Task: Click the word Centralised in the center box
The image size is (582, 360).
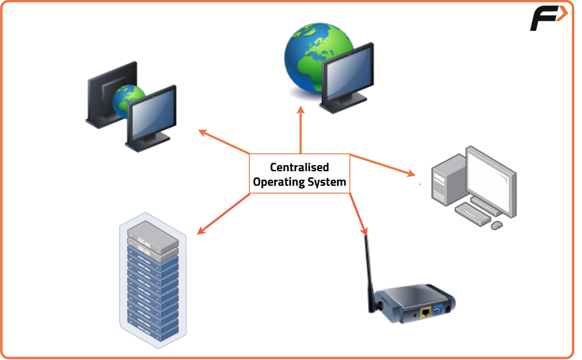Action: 299,168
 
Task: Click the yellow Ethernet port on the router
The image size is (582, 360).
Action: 426,312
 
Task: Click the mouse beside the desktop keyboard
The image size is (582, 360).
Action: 497,225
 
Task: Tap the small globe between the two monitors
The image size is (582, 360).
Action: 129,100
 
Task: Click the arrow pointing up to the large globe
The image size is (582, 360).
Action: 300,129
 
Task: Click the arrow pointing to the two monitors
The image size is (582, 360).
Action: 223,141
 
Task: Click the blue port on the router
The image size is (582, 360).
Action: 438,311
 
